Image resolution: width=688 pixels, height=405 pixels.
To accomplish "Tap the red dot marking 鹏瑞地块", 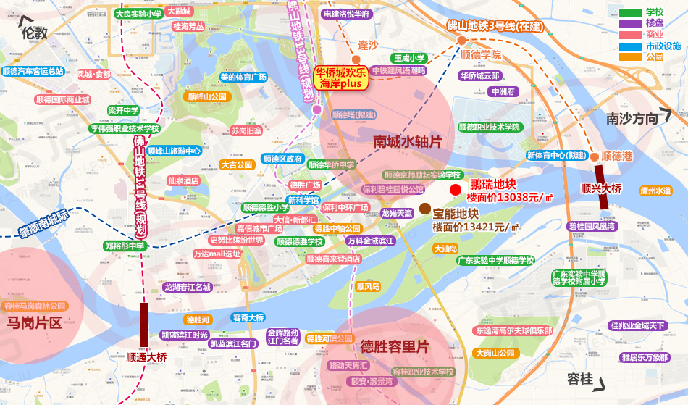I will pyautogui.click(x=455, y=190).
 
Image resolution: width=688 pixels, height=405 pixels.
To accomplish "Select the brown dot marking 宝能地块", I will pyautogui.click(x=424, y=208).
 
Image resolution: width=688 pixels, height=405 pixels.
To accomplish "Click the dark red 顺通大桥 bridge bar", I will pyautogui.click(x=143, y=323).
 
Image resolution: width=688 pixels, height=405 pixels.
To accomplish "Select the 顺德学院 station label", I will pyautogui.click(x=480, y=55).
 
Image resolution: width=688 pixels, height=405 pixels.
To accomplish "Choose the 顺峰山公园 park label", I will pyautogui.click(x=206, y=96).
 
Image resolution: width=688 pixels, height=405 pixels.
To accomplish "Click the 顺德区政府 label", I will pyautogui.click(x=282, y=159).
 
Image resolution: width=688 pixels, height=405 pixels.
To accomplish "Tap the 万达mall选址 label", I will pyautogui.click(x=217, y=254).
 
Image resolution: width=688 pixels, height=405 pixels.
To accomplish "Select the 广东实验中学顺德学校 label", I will pyautogui.click(x=495, y=261).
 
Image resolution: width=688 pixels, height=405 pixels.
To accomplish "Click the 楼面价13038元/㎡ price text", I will pyautogui.click(x=510, y=196).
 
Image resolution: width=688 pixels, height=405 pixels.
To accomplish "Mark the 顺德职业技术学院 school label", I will pyautogui.click(x=485, y=127).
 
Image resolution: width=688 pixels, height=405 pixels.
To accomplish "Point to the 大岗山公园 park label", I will pyautogui.click(x=495, y=353).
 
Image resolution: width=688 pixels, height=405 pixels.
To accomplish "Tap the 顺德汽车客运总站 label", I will pyautogui.click(x=33, y=72).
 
